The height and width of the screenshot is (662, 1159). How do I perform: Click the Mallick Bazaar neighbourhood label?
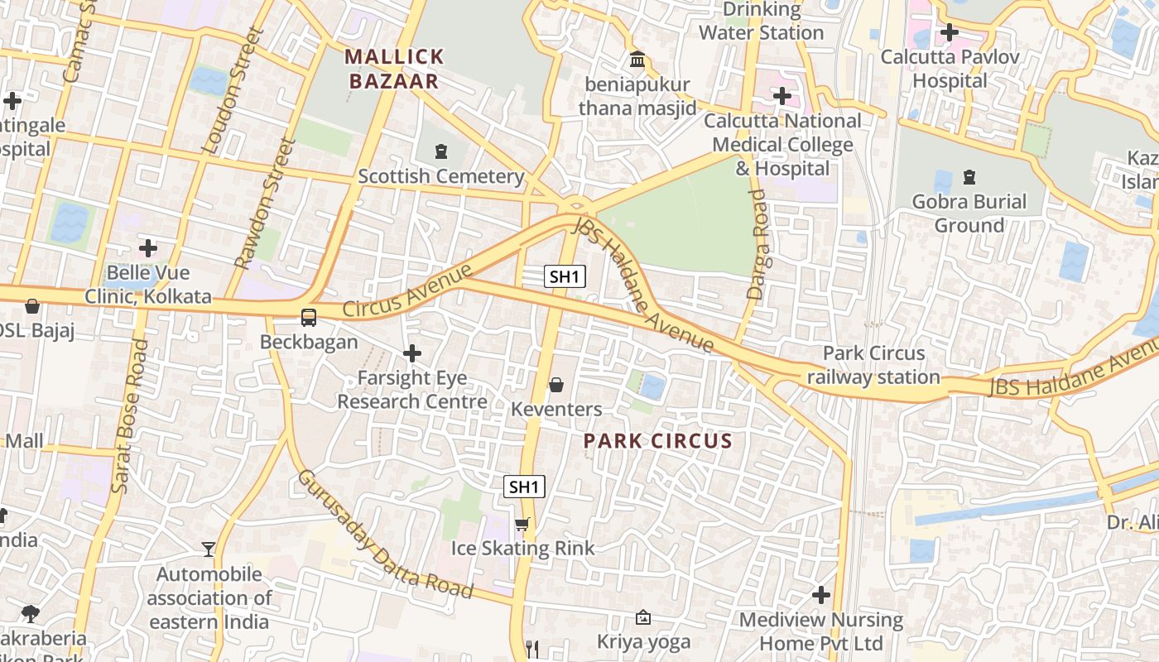394,69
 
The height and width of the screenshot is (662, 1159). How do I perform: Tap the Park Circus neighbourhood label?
658,441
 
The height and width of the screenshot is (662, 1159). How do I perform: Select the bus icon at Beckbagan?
309,317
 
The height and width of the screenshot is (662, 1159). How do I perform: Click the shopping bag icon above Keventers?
556,385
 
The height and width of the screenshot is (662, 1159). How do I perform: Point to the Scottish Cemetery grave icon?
440,151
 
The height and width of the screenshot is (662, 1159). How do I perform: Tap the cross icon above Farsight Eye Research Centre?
411,354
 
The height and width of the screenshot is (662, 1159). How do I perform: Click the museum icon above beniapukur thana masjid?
637,60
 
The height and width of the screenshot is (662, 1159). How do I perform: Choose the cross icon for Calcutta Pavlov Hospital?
950,33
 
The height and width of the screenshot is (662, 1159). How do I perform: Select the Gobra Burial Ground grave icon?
969,177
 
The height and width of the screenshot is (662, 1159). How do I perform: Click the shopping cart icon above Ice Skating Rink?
522,524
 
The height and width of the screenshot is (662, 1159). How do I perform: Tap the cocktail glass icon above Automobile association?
209,549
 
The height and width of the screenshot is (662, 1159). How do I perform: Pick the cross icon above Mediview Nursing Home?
820,595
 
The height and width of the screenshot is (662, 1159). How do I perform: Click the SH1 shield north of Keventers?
565,276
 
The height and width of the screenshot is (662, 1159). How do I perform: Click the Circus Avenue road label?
406,291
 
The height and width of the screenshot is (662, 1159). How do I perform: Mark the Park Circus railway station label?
873,365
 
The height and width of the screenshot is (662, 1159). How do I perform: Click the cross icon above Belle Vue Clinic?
148,248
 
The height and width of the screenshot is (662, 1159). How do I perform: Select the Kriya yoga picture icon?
642,617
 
